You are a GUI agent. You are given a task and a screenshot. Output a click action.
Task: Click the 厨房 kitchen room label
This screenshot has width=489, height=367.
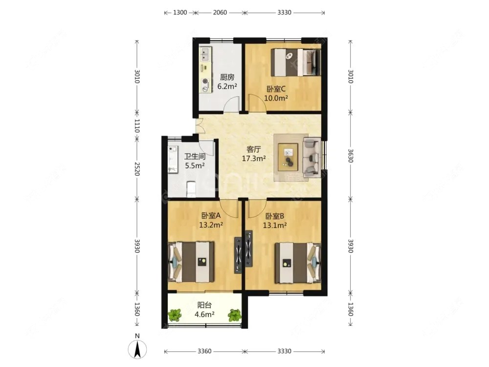click(227, 77)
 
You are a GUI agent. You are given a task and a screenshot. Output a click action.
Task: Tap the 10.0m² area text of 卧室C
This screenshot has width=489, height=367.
click(276, 98)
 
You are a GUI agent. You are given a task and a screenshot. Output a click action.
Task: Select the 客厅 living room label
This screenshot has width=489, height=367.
click(253, 149)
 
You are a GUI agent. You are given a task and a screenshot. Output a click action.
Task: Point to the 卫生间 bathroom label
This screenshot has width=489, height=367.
click(195, 157)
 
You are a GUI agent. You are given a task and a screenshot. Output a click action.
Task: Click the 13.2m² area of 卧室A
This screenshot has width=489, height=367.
click(211, 225)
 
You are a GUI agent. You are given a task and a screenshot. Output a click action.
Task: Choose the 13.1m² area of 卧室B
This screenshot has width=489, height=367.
click(275, 225)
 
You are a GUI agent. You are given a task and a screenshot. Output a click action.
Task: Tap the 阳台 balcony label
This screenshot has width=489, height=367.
click(204, 305)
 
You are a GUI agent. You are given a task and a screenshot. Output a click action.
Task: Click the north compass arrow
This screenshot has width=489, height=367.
click(137, 349)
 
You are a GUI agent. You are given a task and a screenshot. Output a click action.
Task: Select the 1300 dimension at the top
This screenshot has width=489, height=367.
click(180, 13)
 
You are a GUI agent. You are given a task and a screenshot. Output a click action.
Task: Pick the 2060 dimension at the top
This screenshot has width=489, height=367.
click(220, 13)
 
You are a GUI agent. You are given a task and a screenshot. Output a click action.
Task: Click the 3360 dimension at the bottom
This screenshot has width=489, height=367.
click(204, 351)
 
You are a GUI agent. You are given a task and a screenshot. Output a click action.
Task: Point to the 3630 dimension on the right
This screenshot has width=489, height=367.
click(350, 156)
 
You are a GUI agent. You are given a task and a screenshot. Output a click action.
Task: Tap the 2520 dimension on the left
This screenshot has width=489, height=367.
click(137, 168)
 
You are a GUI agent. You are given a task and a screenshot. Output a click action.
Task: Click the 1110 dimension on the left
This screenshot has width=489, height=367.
click(137, 125)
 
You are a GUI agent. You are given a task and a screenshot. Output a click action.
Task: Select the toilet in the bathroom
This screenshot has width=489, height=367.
click(191, 189)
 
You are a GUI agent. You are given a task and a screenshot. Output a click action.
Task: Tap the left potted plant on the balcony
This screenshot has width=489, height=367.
click(175, 315)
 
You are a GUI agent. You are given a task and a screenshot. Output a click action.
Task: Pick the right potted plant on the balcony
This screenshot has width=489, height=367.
click(235, 315)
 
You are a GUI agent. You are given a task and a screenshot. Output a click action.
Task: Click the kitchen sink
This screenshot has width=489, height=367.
click(205, 54)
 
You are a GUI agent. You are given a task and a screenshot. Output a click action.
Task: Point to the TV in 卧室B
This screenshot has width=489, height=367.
click(248, 249)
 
